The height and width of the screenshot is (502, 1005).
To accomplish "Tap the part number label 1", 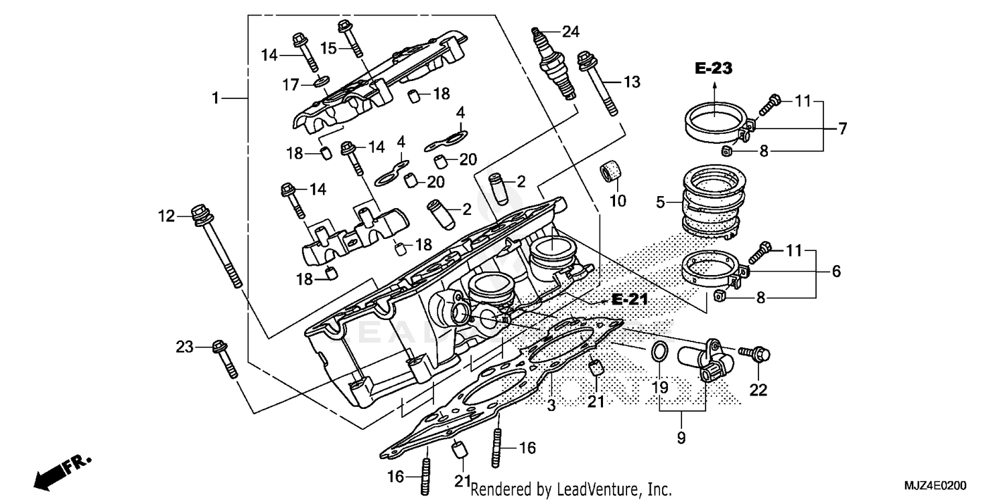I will [x=216, y=99].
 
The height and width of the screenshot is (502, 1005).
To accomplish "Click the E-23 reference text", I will [x=714, y=68].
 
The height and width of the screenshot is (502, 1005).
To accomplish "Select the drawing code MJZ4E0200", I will [x=941, y=483].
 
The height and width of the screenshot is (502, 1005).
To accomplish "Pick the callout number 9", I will [x=682, y=439].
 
